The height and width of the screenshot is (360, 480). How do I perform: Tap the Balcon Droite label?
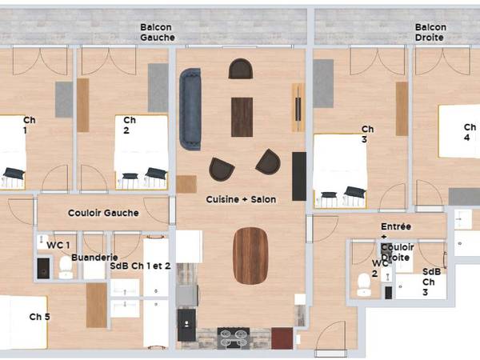tap(430, 31)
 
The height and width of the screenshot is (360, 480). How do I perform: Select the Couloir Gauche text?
tap(103, 213)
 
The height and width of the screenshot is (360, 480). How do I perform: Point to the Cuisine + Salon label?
tap(242, 198)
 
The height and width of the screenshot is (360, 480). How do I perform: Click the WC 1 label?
tap(58, 244)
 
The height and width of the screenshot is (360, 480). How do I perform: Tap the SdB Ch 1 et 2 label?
tap(140, 266)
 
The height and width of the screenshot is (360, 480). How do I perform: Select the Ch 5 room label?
tap(40, 318)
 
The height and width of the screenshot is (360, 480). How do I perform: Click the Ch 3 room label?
tap(368, 134)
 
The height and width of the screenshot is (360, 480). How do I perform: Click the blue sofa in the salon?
tap(190, 109)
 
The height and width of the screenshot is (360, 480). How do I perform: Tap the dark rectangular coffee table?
tap(242, 117)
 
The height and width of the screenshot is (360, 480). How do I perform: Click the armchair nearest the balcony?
tap(240, 69)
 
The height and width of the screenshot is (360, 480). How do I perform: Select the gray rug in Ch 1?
tap(63, 99)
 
